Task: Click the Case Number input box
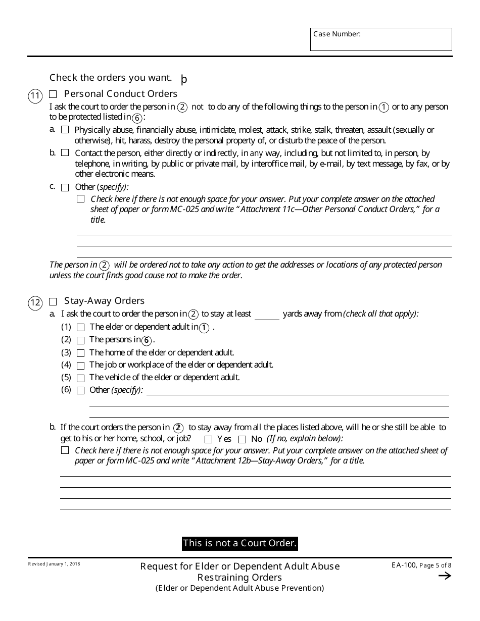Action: [x=381, y=39]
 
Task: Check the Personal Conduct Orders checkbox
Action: [x=53, y=94]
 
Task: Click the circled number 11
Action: [x=35, y=96]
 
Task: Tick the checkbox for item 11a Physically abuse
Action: [x=65, y=130]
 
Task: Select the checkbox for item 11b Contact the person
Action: [x=65, y=153]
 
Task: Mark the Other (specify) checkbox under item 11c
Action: [x=65, y=188]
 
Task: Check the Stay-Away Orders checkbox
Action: [x=53, y=302]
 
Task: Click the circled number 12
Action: [x=35, y=303]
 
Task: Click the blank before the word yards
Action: [x=267, y=315]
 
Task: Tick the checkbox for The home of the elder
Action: [x=80, y=353]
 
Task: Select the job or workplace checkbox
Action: [x=80, y=366]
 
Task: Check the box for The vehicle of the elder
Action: [x=80, y=378]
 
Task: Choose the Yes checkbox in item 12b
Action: [x=208, y=440]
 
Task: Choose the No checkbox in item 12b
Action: [x=242, y=440]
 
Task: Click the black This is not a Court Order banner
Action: [x=239, y=543]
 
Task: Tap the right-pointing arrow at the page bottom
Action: [x=445, y=576]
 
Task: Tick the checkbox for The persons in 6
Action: [x=80, y=341]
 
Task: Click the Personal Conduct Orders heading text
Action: [x=120, y=94]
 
